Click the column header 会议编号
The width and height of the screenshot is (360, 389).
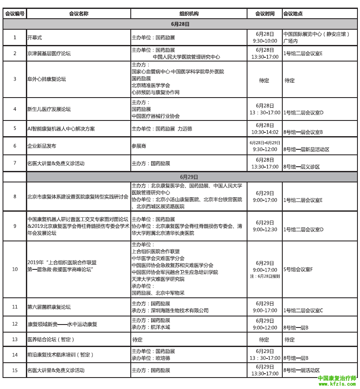pyautogui.click(x=14, y=14)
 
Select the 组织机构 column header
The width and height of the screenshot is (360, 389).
pyautogui.click(x=189, y=14)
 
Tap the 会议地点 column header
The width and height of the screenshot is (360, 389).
pyautogui.click(x=292, y=14)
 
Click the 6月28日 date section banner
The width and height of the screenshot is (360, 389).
pyautogui.click(x=180, y=24)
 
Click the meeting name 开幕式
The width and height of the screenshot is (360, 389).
pyautogui.click(x=34, y=37)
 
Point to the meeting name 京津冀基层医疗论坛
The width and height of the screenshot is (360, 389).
pyautogui.click(x=49, y=53)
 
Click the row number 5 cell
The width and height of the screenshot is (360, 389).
pyautogui.click(x=14, y=129)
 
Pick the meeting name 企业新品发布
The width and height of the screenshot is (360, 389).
pyautogui.click(x=42, y=146)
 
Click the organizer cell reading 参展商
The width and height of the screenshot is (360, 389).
pyautogui.click(x=139, y=146)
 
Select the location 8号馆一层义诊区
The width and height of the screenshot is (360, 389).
pyautogui.click(x=302, y=167)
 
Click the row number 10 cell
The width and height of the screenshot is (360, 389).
pyautogui.click(x=14, y=269)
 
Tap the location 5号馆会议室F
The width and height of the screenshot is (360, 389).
pyautogui.click(x=298, y=269)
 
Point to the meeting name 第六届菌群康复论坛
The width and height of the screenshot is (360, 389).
pyautogui.click(x=49, y=307)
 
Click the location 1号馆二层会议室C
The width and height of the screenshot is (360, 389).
pyautogui.click(x=303, y=310)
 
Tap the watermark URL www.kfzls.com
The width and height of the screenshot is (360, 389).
pyautogui.click(x=337, y=384)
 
